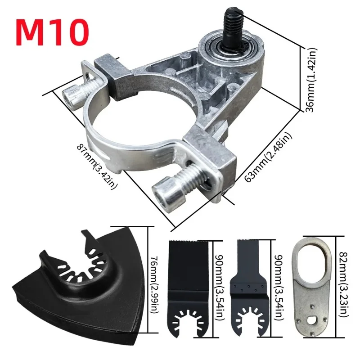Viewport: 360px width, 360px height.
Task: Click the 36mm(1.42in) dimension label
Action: (310, 80)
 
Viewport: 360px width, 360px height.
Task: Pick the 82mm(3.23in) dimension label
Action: (343, 284)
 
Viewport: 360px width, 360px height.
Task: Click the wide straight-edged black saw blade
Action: (189, 289)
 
